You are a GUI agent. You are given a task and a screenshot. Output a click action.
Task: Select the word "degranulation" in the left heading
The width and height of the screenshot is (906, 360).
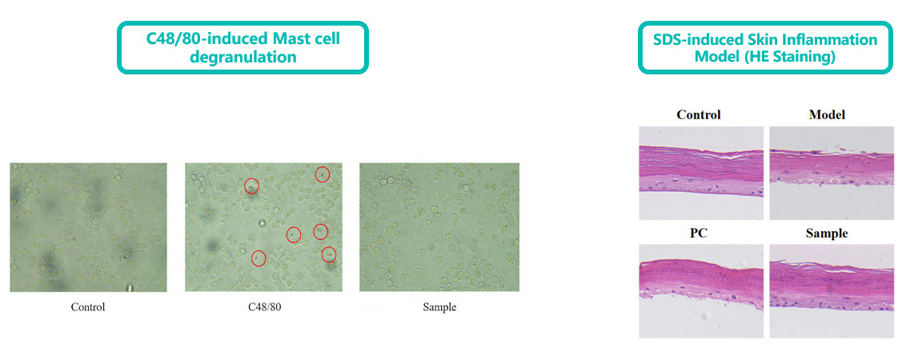pos(243,57)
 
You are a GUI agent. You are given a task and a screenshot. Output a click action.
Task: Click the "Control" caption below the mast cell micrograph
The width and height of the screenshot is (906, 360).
pos(88,307)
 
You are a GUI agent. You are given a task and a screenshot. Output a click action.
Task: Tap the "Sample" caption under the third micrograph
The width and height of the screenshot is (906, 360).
pos(439,307)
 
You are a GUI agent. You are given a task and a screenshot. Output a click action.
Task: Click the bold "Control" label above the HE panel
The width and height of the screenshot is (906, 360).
pos(699,114)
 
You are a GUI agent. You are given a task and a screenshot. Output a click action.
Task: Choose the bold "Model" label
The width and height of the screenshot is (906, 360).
pos(828,114)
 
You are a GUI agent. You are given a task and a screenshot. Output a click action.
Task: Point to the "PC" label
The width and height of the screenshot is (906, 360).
pos(699,234)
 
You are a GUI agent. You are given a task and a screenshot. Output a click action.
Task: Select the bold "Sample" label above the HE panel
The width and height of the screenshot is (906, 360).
pos(828,234)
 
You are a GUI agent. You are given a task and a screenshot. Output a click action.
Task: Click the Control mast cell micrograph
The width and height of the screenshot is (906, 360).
pos(88,227)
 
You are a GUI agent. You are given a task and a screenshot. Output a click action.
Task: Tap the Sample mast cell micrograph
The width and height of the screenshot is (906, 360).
pos(439,227)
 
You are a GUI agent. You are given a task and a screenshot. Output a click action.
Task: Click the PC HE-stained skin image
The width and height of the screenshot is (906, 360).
pos(701,290)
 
